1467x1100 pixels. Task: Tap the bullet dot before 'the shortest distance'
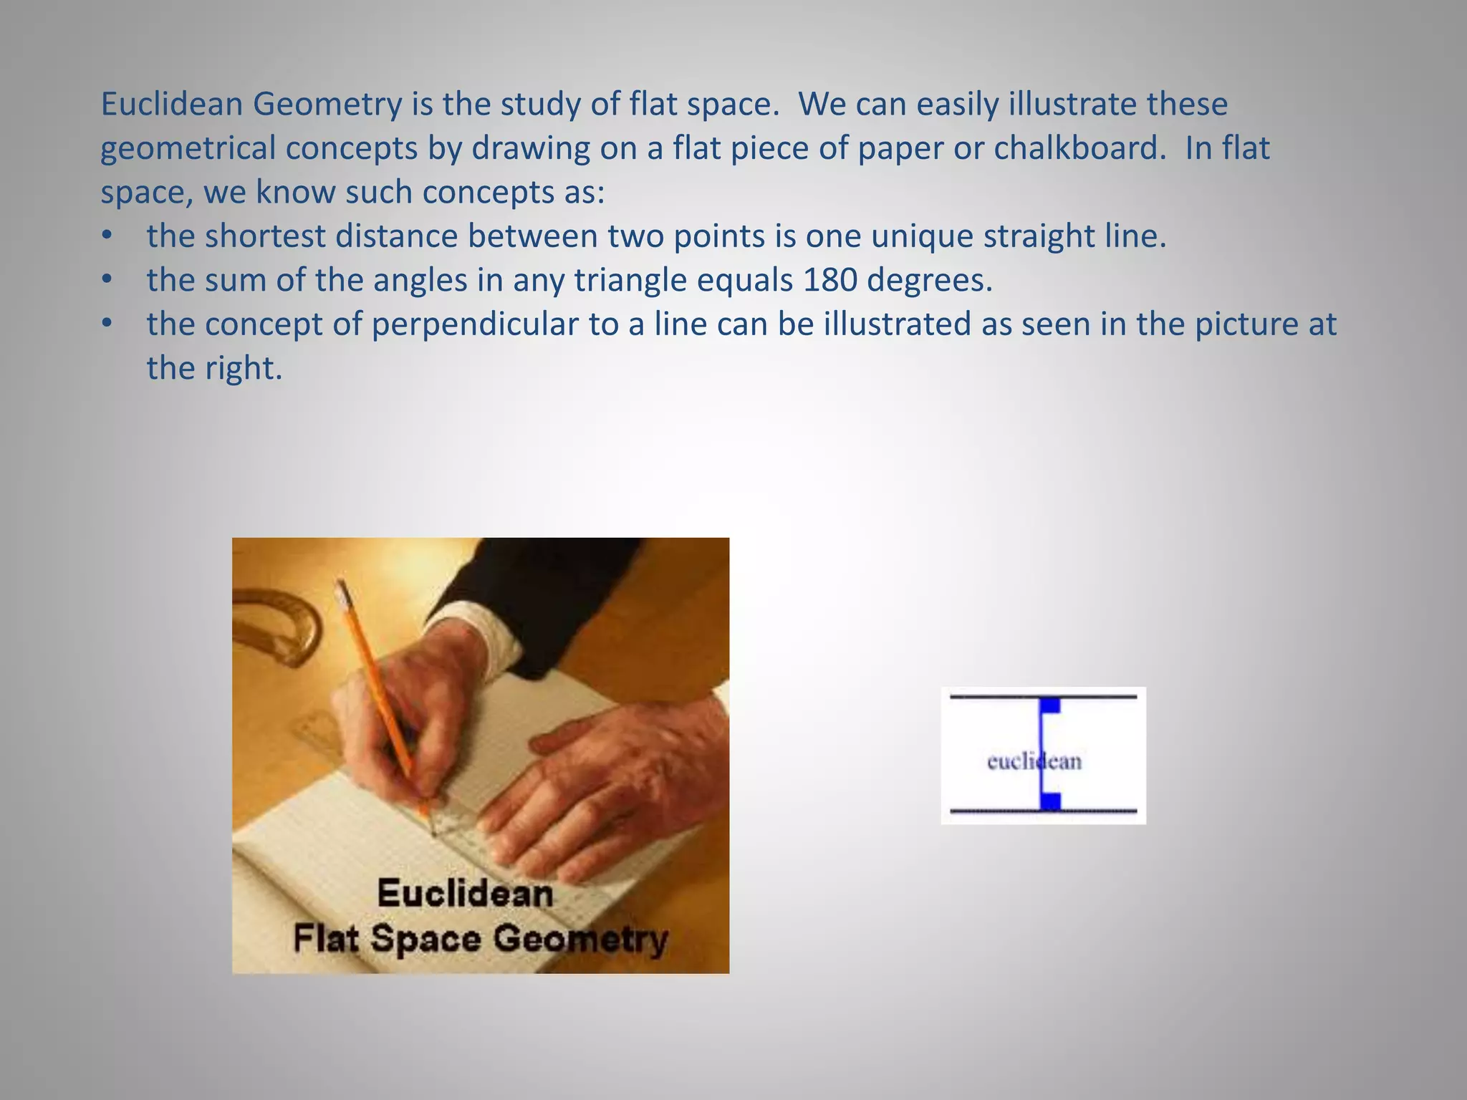107,236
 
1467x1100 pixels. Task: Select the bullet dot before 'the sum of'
107,280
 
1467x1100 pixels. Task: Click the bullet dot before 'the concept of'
107,324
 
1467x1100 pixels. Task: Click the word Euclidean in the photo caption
466,894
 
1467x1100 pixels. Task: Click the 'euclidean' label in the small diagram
1034,761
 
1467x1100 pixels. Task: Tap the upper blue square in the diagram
1050,705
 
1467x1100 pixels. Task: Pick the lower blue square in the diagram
1050,801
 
